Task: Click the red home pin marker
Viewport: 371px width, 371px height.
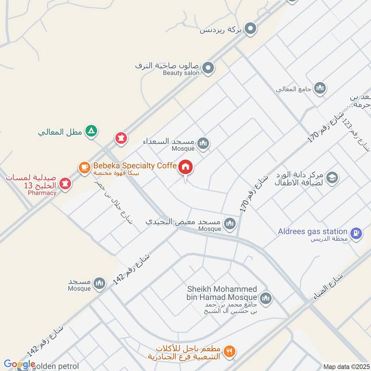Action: (x=186, y=167)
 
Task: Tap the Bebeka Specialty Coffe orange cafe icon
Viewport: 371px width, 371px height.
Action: (x=84, y=167)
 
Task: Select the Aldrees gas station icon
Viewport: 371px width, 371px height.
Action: (x=356, y=234)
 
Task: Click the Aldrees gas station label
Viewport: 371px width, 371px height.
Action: (x=313, y=231)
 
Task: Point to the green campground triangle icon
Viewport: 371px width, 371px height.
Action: (x=92, y=132)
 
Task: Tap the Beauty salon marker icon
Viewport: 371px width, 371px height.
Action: (x=209, y=68)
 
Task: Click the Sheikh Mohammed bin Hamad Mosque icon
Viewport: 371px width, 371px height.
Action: (x=265, y=297)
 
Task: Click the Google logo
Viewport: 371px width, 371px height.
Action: (x=19, y=364)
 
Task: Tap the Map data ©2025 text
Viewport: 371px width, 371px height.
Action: (x=345, y=366)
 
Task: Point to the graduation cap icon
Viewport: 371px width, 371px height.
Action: (x=332, y=177)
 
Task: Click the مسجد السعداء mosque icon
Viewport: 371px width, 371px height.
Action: (x=203, y=144)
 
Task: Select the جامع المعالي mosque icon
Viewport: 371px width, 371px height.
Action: (x=320, y=88)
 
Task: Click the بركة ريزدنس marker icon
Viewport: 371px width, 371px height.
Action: (x=251, y=30)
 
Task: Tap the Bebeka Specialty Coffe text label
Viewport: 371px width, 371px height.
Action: (x=134, y=166)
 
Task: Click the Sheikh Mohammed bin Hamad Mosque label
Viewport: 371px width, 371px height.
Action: (x=221, y=293)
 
